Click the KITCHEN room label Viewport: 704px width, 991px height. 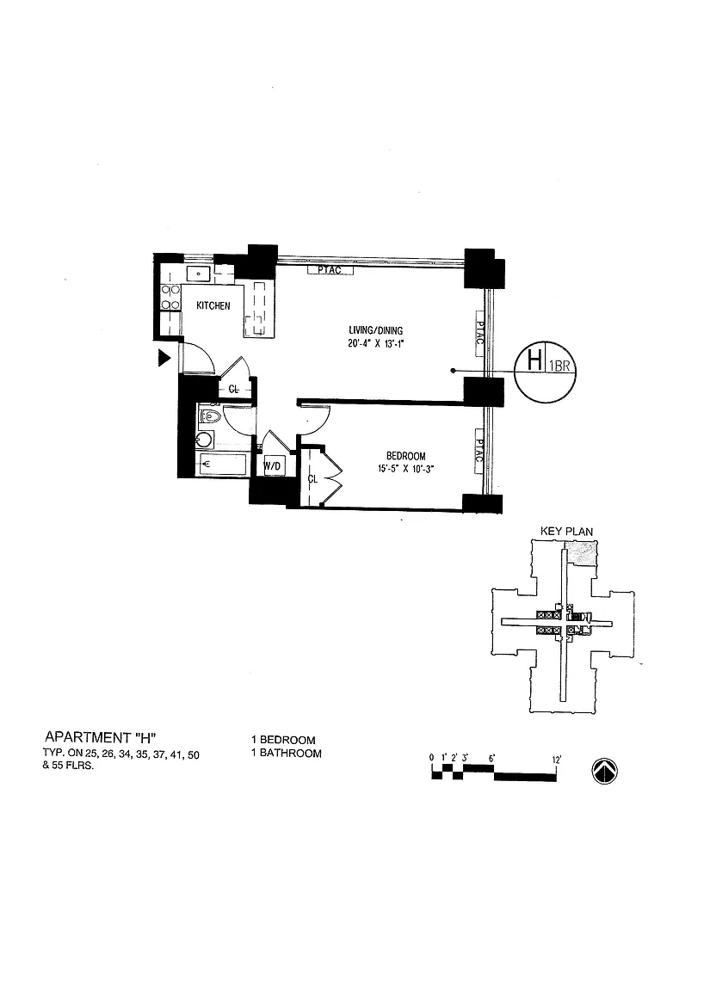click(213, 306)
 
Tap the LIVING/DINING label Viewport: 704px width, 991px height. click(375, 330)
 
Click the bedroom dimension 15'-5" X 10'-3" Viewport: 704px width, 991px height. click(404, 469)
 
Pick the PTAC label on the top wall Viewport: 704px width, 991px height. click(329, 270)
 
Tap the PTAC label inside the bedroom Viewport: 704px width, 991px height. click(478, 452)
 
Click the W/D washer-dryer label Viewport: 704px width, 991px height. click(273, 466)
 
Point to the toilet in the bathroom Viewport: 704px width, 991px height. click(209, 418)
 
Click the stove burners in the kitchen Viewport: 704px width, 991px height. click(170, 297)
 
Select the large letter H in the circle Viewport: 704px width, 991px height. click(534, 360)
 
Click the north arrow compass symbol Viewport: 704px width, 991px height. click(605, 772)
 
